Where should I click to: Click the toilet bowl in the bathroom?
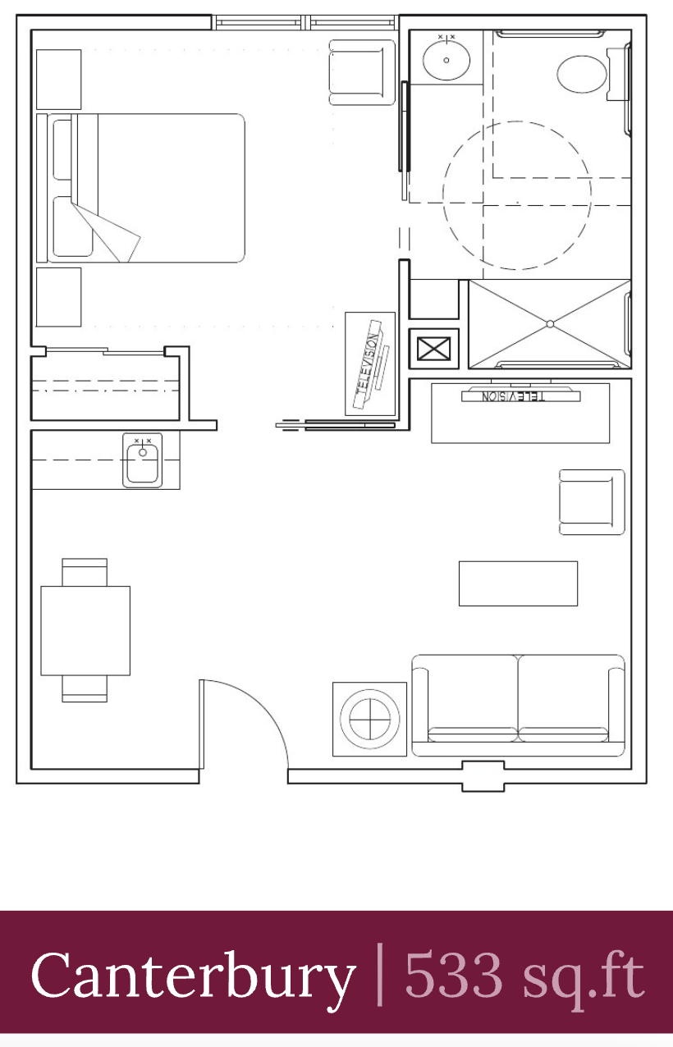pos(581,75)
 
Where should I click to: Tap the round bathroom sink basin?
pos(446,60)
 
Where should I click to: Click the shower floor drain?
pos(550,324)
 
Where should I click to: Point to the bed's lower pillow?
pos(72,226)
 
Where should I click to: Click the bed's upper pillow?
pos(63,149)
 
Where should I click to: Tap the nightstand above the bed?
pos(58,80)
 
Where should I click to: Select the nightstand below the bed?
pos(58,297)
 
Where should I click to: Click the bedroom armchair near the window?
pos(362,72)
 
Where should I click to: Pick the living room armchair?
pos(592,502)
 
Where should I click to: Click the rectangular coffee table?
pos(518,583)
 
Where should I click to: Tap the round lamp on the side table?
pos(370,719)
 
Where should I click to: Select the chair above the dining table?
pos(85,572)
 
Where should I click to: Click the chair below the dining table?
pos(85,688)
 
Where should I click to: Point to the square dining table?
pos(85,630)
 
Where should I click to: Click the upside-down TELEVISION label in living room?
pos(513,396)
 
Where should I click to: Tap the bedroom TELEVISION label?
pos(368,363)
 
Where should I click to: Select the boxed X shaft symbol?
pos(433,349)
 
